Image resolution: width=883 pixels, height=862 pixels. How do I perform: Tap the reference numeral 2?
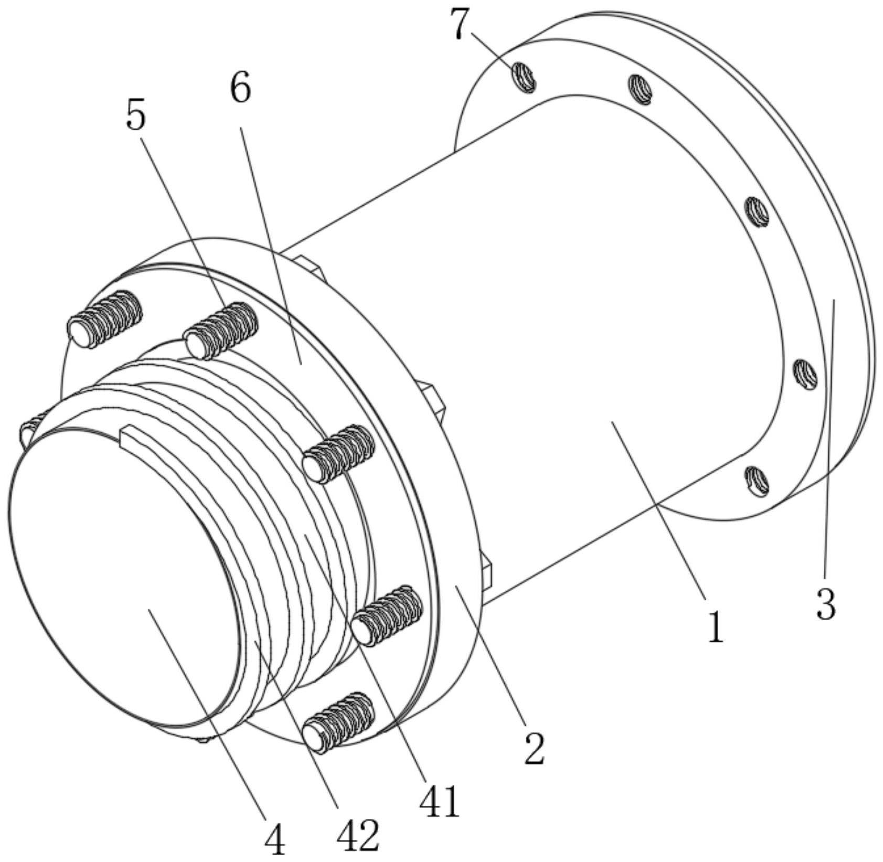pyautogui.click(x=534, y=748)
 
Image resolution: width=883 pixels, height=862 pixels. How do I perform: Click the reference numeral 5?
pyautogui.click(x=135, y=116)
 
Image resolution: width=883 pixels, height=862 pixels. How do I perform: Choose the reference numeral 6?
pyautogui.click(x=241, y=89)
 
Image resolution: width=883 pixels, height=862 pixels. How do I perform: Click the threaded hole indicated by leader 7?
pyautogui.click(x=524, y=77)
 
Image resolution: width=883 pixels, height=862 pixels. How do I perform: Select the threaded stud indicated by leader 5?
pyautogui.click(x=222, y=330)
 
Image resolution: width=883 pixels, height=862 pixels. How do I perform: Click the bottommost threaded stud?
pyautogui.click(x=339, y=722)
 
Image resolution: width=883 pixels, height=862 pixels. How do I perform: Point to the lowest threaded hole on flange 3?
pyautogui.click(x=757, y=480)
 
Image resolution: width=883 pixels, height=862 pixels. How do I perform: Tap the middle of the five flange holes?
pyautogui.click(x=757, y=212)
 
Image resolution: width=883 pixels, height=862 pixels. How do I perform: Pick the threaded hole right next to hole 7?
pyautogui.click(x=641, y=88)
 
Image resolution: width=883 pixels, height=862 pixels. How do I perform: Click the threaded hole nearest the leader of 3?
pyautogui.click(x=804, y=374)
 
